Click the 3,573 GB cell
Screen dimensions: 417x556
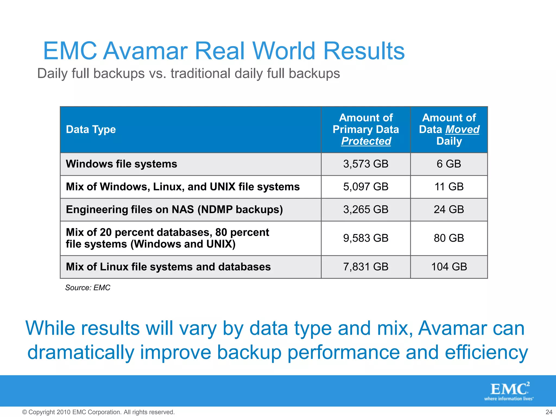pyautogui.click(x=366, y=164)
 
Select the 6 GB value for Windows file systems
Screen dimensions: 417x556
pyautogui.click(x=449, y=164)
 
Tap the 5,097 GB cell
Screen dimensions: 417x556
pyautogui.click(x=366, y=187)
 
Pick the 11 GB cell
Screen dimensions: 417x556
pyautogui.click(x=449, y=187)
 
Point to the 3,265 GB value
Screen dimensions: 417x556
pyautogui.click(x=366, y=210)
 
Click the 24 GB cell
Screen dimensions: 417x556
pyautogui.click(x=449, y=210)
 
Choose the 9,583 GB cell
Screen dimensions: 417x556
pyautogui.click(x=366, y=238)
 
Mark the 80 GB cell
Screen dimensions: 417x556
pyautogui.click(x=449, y=238)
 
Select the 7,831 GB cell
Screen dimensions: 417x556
pyautogui.click(x=366, y=267)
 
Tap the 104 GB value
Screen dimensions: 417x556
pyautogui.click(x=449, y=267)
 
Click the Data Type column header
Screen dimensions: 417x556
pyautogui.click(x=91, y=129)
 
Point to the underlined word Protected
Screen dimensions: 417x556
pyautogui.click(x=366, y=141)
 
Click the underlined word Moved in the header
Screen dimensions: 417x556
pyautogui.click(x=462, y=129)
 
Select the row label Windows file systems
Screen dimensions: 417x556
pyautogui.click(x=121, y=164)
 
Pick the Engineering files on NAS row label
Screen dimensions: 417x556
pyautogui.click(x=174, y=210)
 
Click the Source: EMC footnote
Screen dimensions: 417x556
pyautogui.click(x=88, y=288)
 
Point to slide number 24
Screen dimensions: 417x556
pyautogui.click(x=549, y=412)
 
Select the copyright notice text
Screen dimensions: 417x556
pyautogui.click(x=98, y=412)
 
